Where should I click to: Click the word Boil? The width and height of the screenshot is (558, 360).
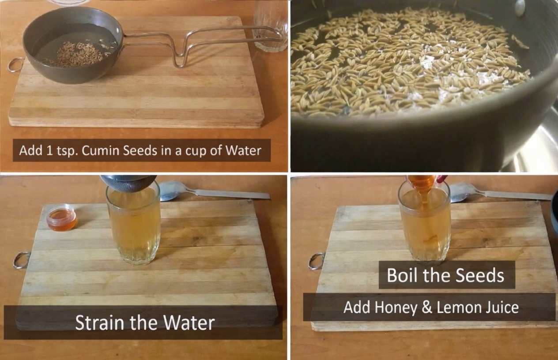402,275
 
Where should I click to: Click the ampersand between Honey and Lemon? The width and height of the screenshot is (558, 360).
426,307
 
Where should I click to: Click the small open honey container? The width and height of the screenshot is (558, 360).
62,217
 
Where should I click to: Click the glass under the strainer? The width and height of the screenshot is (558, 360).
133,225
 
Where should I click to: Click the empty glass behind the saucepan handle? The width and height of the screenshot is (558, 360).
270,26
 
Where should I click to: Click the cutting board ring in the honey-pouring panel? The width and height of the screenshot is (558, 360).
316,261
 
